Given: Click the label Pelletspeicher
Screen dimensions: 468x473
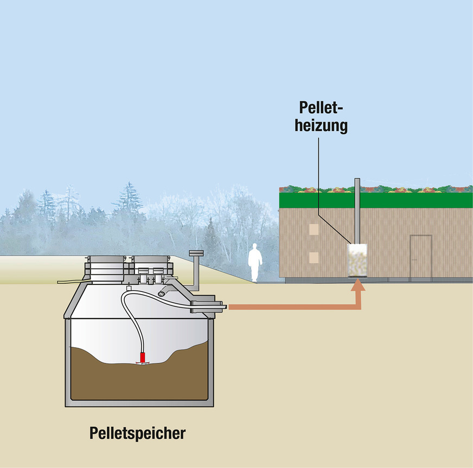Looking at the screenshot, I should coord(137,433).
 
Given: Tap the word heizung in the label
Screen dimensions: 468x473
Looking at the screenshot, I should coord(321,126).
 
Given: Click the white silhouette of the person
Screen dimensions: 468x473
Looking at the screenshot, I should coord(254,262).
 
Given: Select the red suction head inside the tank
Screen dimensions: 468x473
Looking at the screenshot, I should coord(143,357).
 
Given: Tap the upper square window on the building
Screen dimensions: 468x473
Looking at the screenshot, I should coord(314,230).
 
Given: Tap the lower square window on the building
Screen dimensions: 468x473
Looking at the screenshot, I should coord(314,256).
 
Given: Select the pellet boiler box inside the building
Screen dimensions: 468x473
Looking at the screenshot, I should coord(357,261).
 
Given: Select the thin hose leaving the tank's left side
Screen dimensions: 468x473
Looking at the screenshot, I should coord(69,281).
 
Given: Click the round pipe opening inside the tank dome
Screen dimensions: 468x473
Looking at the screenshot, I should coord(162,293).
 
